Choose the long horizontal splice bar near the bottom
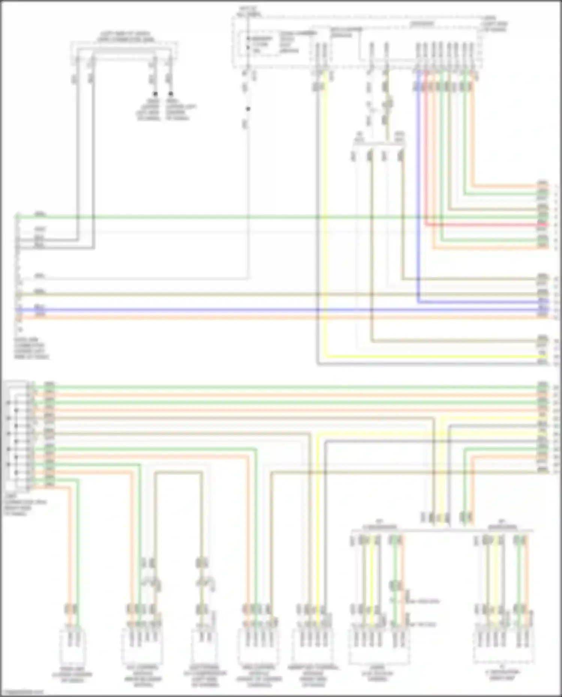tap(442, 530)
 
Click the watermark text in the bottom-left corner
tap(22, 692)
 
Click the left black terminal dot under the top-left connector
tap(155, 94)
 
